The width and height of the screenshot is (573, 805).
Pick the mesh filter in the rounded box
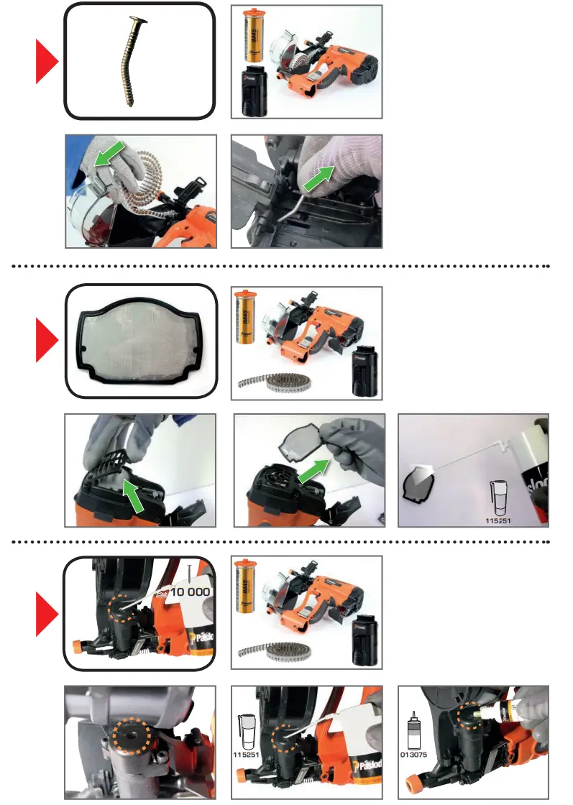pos(139,340)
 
